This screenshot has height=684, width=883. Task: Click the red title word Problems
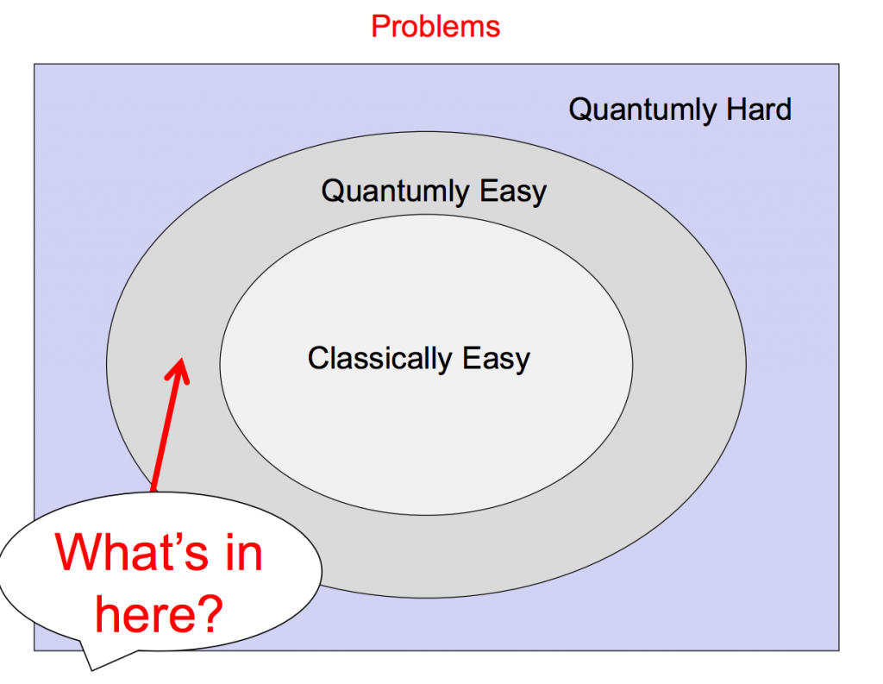435,26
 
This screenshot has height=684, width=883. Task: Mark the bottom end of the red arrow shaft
154,490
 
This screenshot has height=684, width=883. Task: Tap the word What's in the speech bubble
129,552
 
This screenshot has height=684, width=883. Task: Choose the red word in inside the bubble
241,552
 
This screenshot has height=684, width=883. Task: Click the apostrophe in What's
173,539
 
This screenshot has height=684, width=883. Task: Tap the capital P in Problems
379,26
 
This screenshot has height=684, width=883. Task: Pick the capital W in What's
81,552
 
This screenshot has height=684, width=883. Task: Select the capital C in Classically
318,357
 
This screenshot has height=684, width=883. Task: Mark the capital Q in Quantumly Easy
333,191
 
